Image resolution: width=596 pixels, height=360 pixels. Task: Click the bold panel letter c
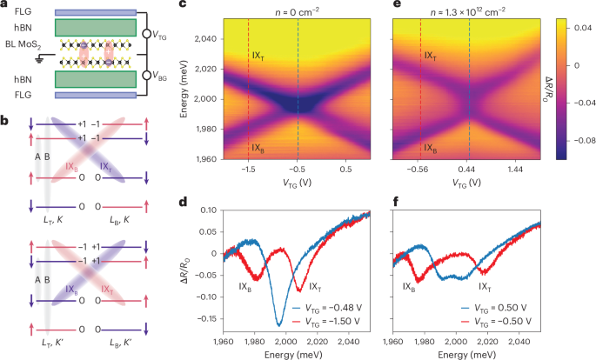point(205,6)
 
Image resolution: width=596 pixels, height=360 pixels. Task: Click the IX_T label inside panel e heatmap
point(431,57)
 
